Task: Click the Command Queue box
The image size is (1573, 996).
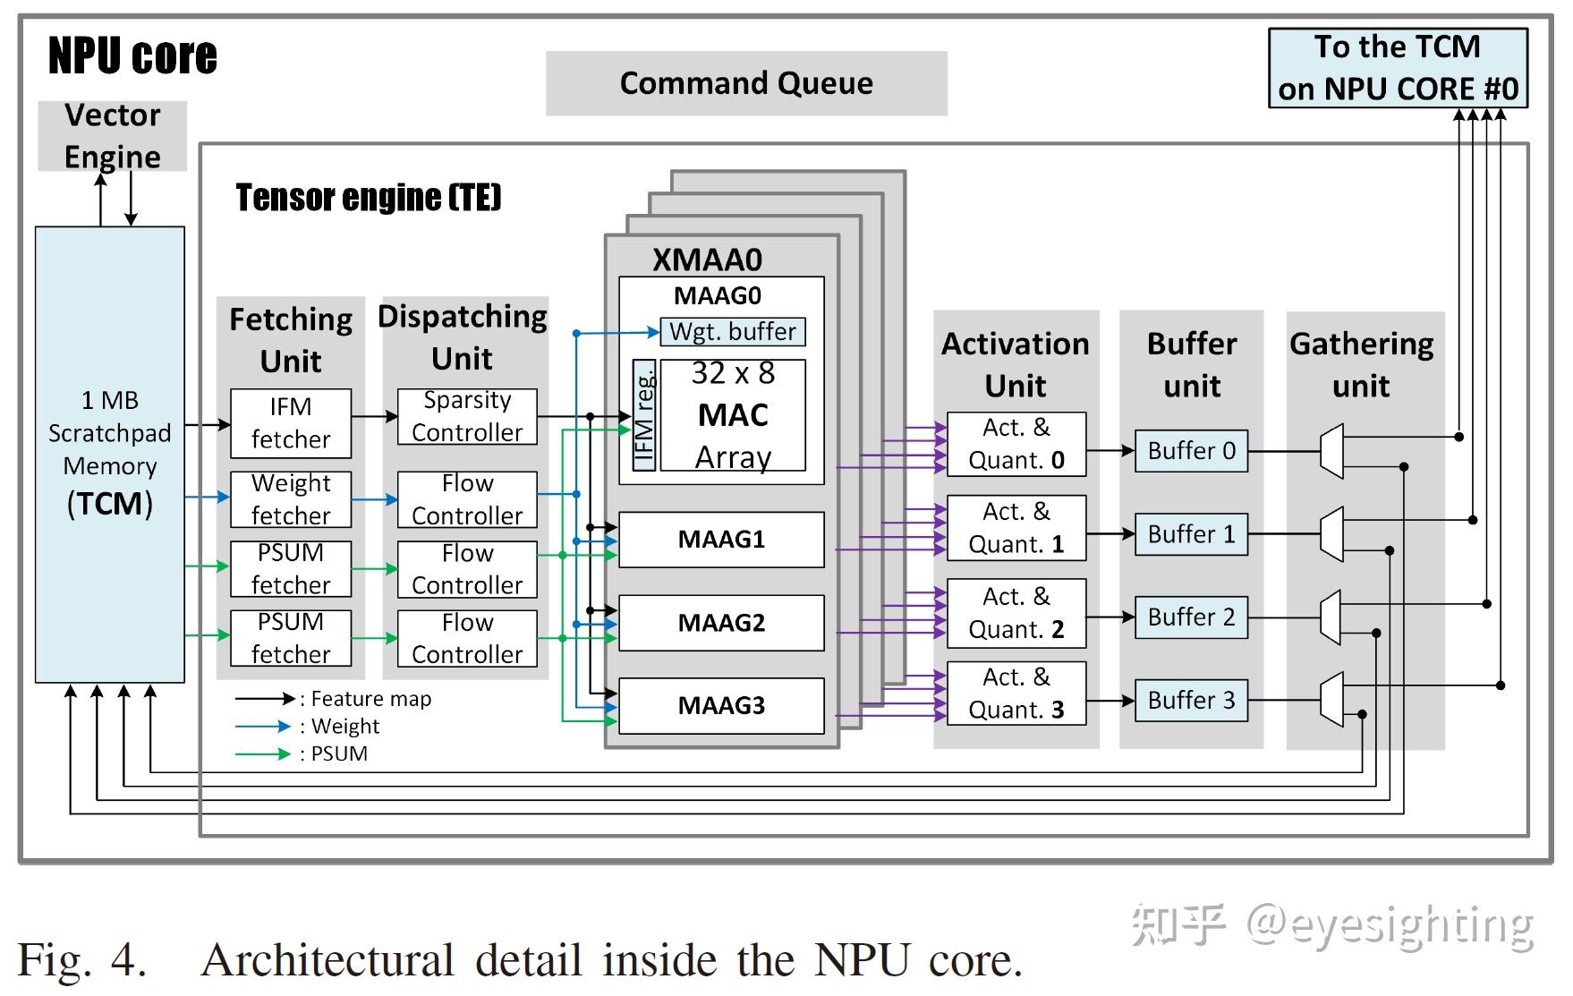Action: (x=745, y=83)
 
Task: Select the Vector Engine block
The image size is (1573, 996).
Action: (x=112, y=136)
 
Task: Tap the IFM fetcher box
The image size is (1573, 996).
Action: (x=291, y=423)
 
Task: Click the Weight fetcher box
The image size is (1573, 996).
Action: (x=291, y=499)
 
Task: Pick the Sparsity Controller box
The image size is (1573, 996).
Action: (x=467, y=416)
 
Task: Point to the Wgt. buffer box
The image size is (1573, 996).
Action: (x=732, y=332)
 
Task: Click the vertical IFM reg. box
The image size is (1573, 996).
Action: (x=643, y=415)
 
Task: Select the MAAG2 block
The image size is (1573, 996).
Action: (x=721, y=623)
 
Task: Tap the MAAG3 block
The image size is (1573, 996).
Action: (x=721, y=706)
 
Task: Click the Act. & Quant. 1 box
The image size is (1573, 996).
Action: (x=1016, y=528)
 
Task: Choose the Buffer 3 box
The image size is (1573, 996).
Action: (x=1191, y=700)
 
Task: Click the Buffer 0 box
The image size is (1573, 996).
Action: (x=1191, y=451)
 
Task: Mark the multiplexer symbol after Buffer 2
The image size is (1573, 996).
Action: (x=1331, y=617)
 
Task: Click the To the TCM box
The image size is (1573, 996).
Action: (x=1398, y=68)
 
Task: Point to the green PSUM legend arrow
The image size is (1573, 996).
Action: (x=263, y=754)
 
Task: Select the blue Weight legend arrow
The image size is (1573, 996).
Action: (x=263, y=727)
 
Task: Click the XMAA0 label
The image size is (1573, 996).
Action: (x=707, y=260)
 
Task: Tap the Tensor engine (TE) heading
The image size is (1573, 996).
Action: (x=368, y=197)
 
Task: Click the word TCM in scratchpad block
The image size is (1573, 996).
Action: (x=110, y=504)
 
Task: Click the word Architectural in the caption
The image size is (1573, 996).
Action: (x=327, y=960)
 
